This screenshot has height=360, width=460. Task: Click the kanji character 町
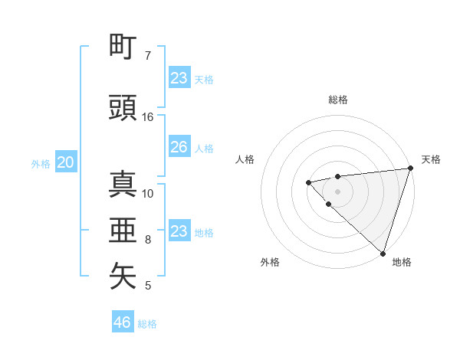(123, 47)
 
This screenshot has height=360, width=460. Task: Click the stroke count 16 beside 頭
(148, 117)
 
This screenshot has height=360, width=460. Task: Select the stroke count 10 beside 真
(148, 194)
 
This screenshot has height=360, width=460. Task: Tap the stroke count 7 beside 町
(148, 56)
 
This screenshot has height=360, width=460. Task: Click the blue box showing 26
(179, 147)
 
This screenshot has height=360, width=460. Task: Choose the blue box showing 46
(123, 322)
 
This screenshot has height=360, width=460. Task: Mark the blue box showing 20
(65, 162)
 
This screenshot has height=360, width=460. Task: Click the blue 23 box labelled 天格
(179, 78)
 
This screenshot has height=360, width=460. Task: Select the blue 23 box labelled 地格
(179, 231)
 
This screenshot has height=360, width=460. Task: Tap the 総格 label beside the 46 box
(147, 324)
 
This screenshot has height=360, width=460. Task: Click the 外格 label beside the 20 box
(41, 163)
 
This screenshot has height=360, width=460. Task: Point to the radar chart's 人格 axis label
(245, 159)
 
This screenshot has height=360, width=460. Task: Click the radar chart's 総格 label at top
(338, 100)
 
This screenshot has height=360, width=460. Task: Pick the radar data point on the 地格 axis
(383, 253)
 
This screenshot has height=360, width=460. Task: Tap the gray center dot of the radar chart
(338, 191)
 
